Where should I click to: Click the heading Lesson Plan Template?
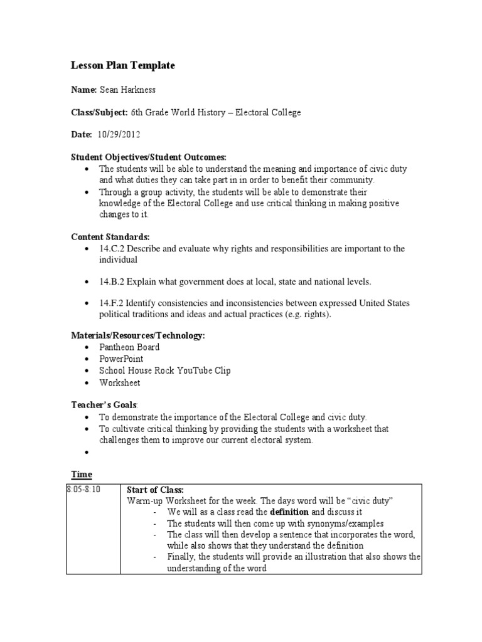tap(122, 65)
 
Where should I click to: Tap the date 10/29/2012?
tap(119, 135)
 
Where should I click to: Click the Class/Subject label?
tap(99, 113)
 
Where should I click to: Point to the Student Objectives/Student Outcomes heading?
tap(147, 157)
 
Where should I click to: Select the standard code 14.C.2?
tap(112, 249)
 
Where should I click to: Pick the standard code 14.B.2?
tap(112, 282)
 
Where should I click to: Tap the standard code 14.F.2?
tap(112, 303)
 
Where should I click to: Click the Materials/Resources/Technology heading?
tap(137, 336)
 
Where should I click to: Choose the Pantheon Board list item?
tap(129, 347)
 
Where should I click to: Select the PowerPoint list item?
tap(121, 359)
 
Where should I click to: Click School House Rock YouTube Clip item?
tap(164, 371)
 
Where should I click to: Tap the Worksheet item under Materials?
tap(119, 382)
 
